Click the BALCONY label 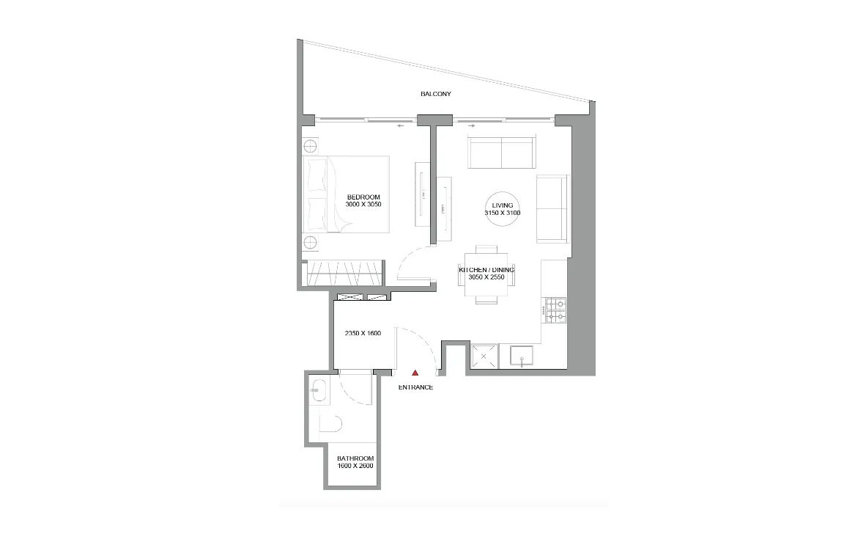[435, 94]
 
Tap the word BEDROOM [363, 197]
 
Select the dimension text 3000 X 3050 [363, 205]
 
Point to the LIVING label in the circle [502, 205]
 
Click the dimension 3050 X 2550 [486, 278]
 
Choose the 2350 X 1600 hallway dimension [363, 333]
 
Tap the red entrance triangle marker [415, 373]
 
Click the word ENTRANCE [415, 387]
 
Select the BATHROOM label [351, 458]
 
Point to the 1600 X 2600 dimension [351, 467]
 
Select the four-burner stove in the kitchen [555, 310]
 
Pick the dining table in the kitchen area [486, 274]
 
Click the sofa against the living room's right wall [552, 209]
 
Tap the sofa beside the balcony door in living [502, 153]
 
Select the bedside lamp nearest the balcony [310, 145]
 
